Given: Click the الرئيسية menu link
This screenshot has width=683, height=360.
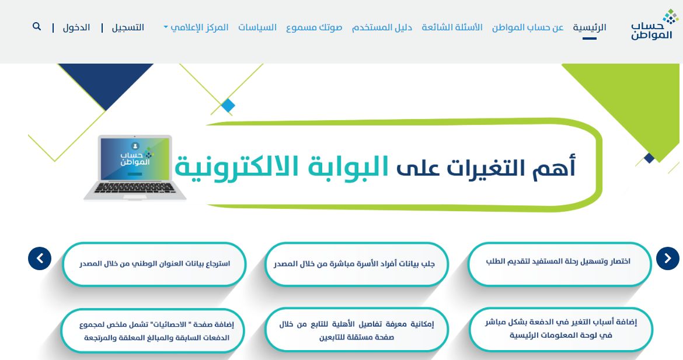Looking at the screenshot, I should tap(590, 27).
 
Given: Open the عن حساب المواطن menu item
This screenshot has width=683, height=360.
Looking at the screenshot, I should tap(528, 27).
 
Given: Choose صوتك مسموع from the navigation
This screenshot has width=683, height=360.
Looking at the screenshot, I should tap(314, 27).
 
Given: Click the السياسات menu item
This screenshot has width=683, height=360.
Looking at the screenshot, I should tap(257, 27).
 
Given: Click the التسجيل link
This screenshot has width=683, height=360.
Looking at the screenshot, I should tap(128, 27).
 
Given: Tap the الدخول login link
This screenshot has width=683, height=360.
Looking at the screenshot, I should tap(76, 27).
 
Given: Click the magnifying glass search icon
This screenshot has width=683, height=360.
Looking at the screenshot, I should tap(37, 27).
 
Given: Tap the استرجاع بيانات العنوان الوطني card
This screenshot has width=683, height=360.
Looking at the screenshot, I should tap(155, 264).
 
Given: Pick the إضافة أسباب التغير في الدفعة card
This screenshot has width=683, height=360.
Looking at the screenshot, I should tap(560, 328).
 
